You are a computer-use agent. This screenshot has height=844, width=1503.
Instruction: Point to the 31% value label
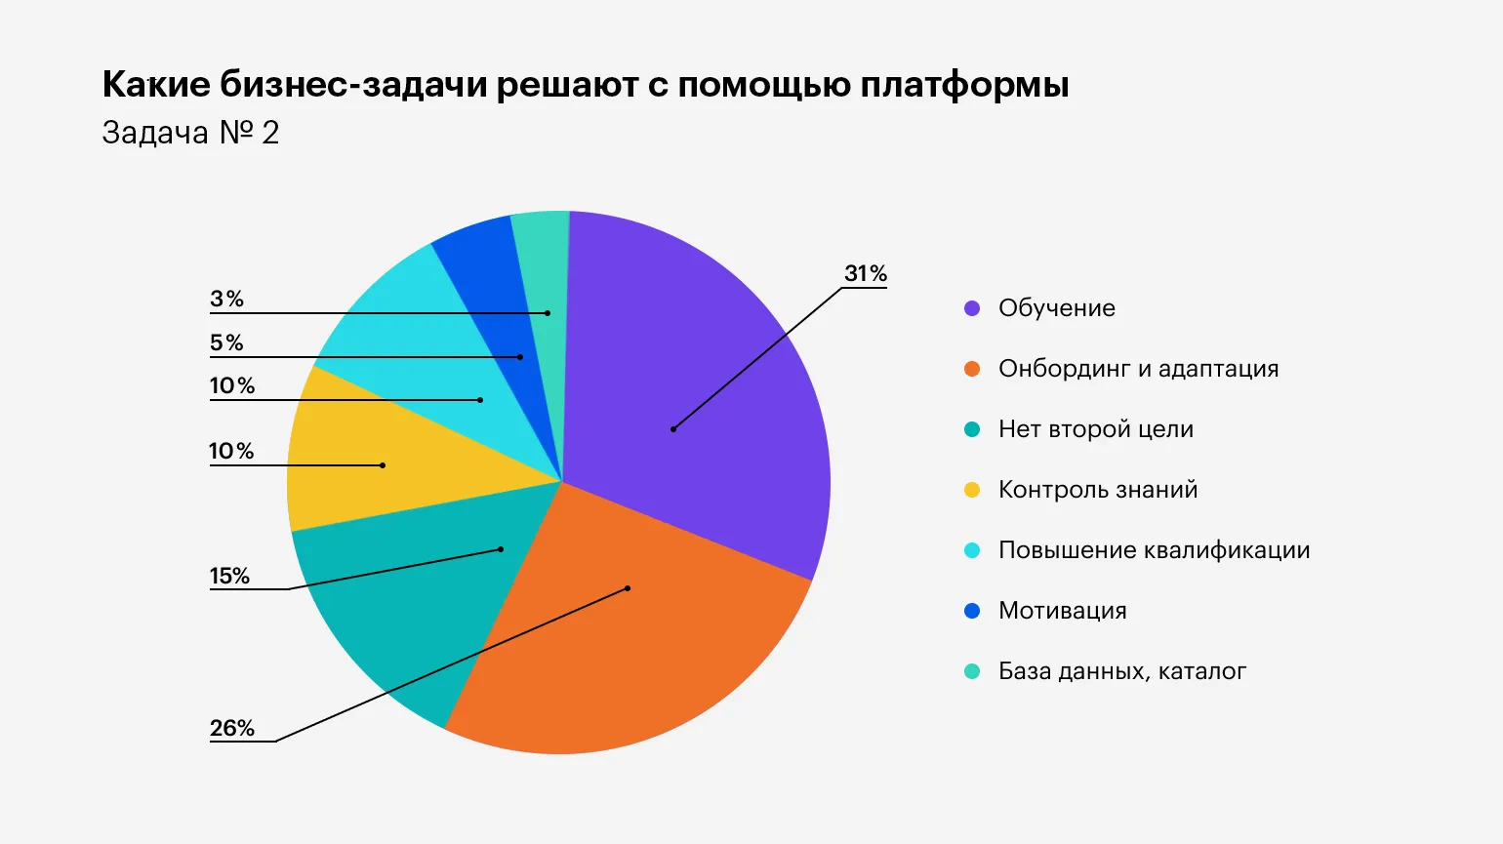click(x=866, y=274)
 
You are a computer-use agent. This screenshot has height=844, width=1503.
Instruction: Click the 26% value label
click(x=232, y=729)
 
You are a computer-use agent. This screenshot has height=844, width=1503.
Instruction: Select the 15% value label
click(x=230, y=577)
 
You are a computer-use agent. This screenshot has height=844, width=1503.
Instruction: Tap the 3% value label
click(x=227, y=300)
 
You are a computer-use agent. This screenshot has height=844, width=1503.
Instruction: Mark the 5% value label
click(x=227, y=343)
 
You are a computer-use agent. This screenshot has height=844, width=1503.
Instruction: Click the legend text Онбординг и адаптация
click(x=1138, y=369)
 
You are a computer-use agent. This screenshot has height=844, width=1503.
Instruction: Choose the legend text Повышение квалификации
click(x=1154, y=550)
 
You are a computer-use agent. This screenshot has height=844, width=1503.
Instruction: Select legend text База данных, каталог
click(x=1122, y=671)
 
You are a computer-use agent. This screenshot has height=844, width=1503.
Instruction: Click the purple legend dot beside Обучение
click(x=972, y=308)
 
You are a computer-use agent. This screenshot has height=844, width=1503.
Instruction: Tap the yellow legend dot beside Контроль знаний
click(x=972, y=490)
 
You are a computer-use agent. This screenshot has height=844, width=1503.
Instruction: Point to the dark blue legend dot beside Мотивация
click(x=972, y=611)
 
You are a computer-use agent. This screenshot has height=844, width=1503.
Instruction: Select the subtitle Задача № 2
click(x=190, y=133)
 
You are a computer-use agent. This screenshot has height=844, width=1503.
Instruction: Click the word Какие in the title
click(x=156, y=85)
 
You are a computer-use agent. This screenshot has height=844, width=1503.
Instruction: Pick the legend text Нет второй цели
click(x=1096, y=429)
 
